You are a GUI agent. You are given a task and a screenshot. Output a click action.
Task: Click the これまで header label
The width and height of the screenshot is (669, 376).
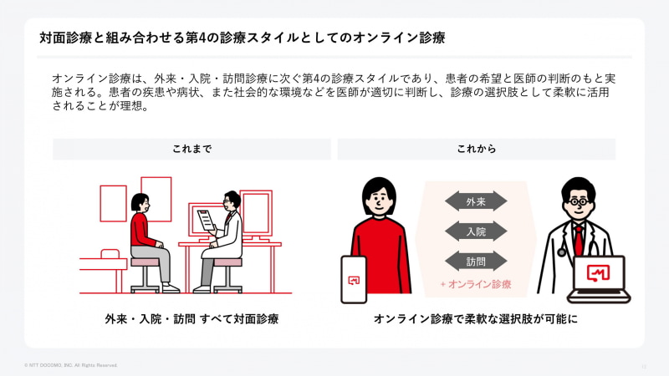(x=192, y=149)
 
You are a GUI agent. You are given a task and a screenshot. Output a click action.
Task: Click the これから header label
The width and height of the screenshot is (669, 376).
(x=476, y=149)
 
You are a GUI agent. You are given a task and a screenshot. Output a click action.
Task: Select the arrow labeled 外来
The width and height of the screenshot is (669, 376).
(x=476, y=201)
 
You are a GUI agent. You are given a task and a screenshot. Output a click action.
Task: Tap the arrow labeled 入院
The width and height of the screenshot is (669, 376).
(x=476, y=231)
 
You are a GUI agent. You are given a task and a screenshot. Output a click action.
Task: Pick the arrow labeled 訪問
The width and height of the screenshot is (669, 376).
(x=476, y=262)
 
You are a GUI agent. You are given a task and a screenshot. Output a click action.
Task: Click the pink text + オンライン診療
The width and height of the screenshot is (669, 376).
(x=476, y=284)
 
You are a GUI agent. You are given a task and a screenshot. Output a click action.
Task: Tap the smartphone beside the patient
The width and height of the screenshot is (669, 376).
(x=354, y=280)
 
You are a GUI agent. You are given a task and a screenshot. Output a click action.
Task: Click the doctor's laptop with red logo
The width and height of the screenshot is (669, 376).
(x=599, y=279)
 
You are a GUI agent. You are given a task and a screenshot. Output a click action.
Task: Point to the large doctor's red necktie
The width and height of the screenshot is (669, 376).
(x=578, y=240)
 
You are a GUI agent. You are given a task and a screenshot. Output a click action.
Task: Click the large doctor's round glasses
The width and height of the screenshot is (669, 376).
(x=579, y=201)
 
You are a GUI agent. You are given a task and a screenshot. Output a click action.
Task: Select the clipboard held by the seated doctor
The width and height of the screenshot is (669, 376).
(x=206, y=220)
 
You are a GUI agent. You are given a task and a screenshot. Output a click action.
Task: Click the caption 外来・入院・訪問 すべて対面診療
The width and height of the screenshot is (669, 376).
(x=192, y=319)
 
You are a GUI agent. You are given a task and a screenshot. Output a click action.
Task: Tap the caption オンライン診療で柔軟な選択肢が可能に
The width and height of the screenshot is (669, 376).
(x=476, y=319)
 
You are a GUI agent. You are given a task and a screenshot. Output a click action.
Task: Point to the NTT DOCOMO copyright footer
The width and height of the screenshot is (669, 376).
(x=71, y=365)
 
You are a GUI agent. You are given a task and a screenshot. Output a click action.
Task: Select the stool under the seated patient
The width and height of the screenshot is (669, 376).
(x=146, y=275)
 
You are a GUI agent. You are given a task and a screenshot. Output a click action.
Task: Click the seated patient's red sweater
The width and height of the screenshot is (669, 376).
(x=141, y=229)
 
